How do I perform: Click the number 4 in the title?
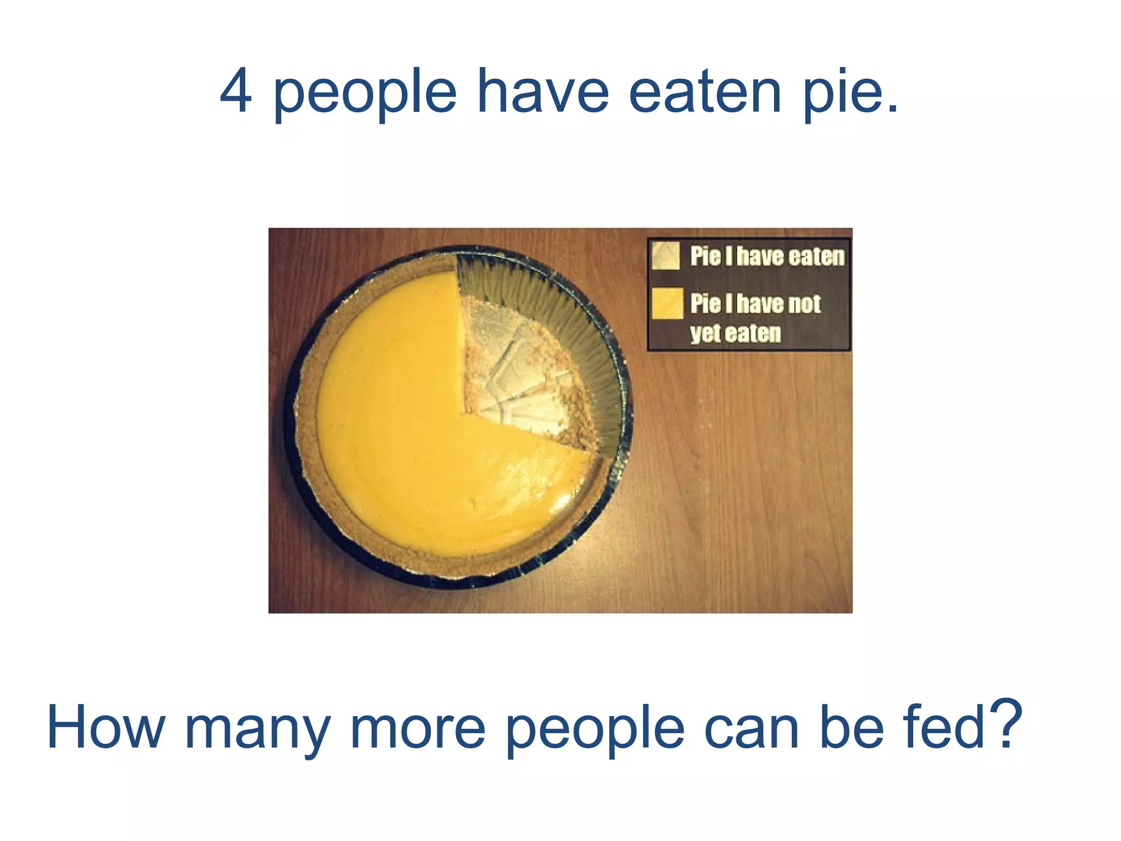coord(236,91)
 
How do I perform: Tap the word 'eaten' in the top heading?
coord(705,91)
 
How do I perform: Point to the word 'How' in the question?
coord(106,728)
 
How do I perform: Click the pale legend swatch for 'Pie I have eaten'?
coord(666,256)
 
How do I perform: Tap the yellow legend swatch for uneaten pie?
coord(667,303)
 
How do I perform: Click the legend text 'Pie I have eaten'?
coord(767,256)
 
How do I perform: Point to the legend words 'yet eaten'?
coord(735,333)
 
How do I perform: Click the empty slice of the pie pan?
coord(520,372)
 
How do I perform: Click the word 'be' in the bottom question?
coord(851,727)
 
